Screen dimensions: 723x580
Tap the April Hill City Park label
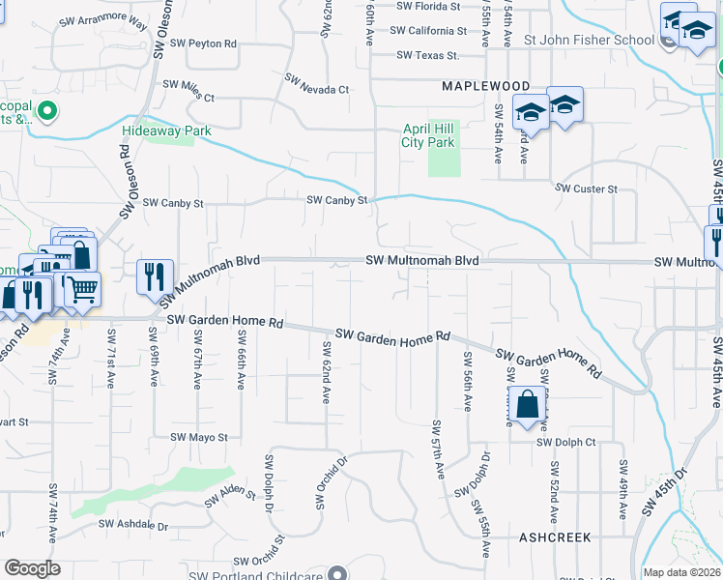427,135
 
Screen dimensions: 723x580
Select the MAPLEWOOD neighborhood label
486,86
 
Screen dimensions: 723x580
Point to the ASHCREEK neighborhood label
555,536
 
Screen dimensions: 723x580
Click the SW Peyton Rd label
200,44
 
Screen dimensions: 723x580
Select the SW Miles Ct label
188,90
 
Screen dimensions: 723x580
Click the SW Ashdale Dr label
136,527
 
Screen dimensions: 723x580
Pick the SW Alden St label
229,497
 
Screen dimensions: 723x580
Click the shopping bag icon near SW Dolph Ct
528,407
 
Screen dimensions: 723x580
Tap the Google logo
33,568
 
